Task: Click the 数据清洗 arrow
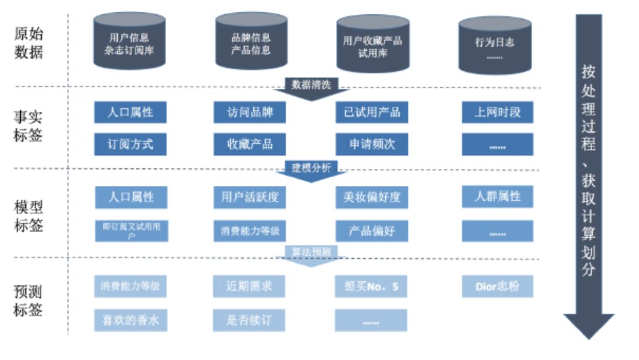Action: tap(309, 88)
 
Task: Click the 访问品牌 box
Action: tap(250, 112)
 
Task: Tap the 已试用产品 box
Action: tap(372, 112)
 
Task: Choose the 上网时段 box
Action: tap(497, 112)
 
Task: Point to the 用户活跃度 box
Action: tap(250, 197)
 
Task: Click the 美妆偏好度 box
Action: tap(372, 197)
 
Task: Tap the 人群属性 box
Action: tap(497, 196)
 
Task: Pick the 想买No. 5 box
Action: tap(371, 287)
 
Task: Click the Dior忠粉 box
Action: tap(497, 287)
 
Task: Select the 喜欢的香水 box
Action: tap(130, 320)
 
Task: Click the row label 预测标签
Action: tap(28, 300)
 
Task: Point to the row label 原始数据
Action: tap(28, 43)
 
